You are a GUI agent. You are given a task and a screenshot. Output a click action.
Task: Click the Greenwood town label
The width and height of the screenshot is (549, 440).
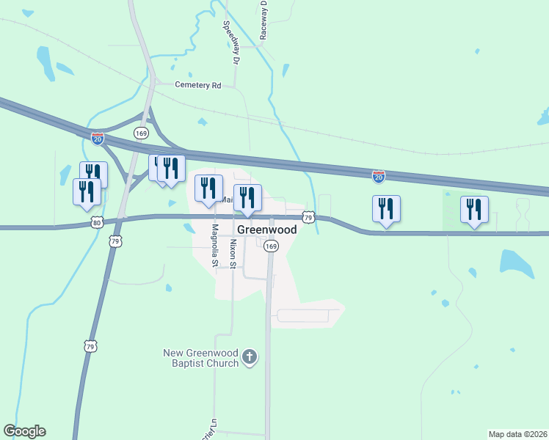tap(267, 230)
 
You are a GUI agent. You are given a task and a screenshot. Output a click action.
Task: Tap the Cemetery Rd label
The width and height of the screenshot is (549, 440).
tap(197, 85)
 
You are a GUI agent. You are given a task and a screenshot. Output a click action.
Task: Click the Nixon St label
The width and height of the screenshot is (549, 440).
tap(233, 253)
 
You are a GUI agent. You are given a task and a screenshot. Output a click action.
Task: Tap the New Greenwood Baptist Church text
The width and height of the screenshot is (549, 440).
tap(201, 358)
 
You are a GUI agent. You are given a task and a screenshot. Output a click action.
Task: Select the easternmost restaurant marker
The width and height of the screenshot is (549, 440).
tap(474, 210)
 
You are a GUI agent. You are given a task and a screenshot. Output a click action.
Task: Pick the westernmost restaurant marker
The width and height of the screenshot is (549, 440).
tap(87, 191)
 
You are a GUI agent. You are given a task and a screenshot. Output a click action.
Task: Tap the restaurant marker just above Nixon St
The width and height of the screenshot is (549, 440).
tap(247, 197)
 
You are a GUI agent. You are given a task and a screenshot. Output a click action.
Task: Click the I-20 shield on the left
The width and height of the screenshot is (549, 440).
tap(98, 138)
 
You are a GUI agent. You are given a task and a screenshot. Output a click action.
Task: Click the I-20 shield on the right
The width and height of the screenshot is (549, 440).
tap(378, 177)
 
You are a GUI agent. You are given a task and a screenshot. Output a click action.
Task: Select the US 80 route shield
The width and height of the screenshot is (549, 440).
tap(97, 222)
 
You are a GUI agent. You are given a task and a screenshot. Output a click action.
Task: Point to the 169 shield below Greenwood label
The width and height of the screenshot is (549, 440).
tap(271, 246)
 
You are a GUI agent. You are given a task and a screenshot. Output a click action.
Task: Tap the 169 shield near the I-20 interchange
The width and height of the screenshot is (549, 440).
tap(142, 133)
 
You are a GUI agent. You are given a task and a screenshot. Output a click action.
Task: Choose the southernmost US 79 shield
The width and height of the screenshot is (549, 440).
tap(90, 345)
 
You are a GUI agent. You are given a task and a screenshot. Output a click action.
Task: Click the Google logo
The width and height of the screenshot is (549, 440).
tap(24, 431)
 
